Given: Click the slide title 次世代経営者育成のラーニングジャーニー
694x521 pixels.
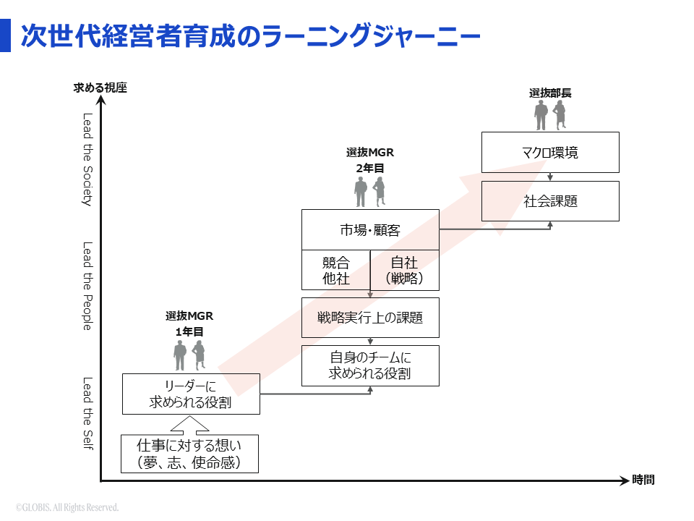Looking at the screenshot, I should (x=249, y=36).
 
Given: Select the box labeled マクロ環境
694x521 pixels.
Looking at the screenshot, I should (x=550, y=153).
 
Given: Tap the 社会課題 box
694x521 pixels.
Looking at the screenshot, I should (x=550, y=201).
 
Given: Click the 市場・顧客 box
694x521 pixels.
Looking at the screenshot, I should (x=369, y=230).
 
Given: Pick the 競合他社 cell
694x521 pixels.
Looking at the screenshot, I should (x=335, y=271).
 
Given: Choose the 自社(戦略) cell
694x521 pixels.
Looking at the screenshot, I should (x=404, y=271).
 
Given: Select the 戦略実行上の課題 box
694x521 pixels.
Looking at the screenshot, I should (x=369, y=318).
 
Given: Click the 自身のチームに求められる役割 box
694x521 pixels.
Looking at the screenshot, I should (x=369, y=365).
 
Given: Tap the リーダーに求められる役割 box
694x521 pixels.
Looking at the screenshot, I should (x=190, y=394).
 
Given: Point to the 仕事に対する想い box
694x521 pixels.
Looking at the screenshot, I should (x=189, y=454).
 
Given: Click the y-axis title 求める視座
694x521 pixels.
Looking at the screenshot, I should (x=100, y=88).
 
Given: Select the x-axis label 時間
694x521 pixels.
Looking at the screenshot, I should (x=643, y=480).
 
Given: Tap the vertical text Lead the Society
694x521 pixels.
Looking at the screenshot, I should (x=87, y=159).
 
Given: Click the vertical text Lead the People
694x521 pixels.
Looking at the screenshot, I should (x=87, y=286).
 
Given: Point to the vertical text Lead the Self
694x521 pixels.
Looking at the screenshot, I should (x=87, y=412).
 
